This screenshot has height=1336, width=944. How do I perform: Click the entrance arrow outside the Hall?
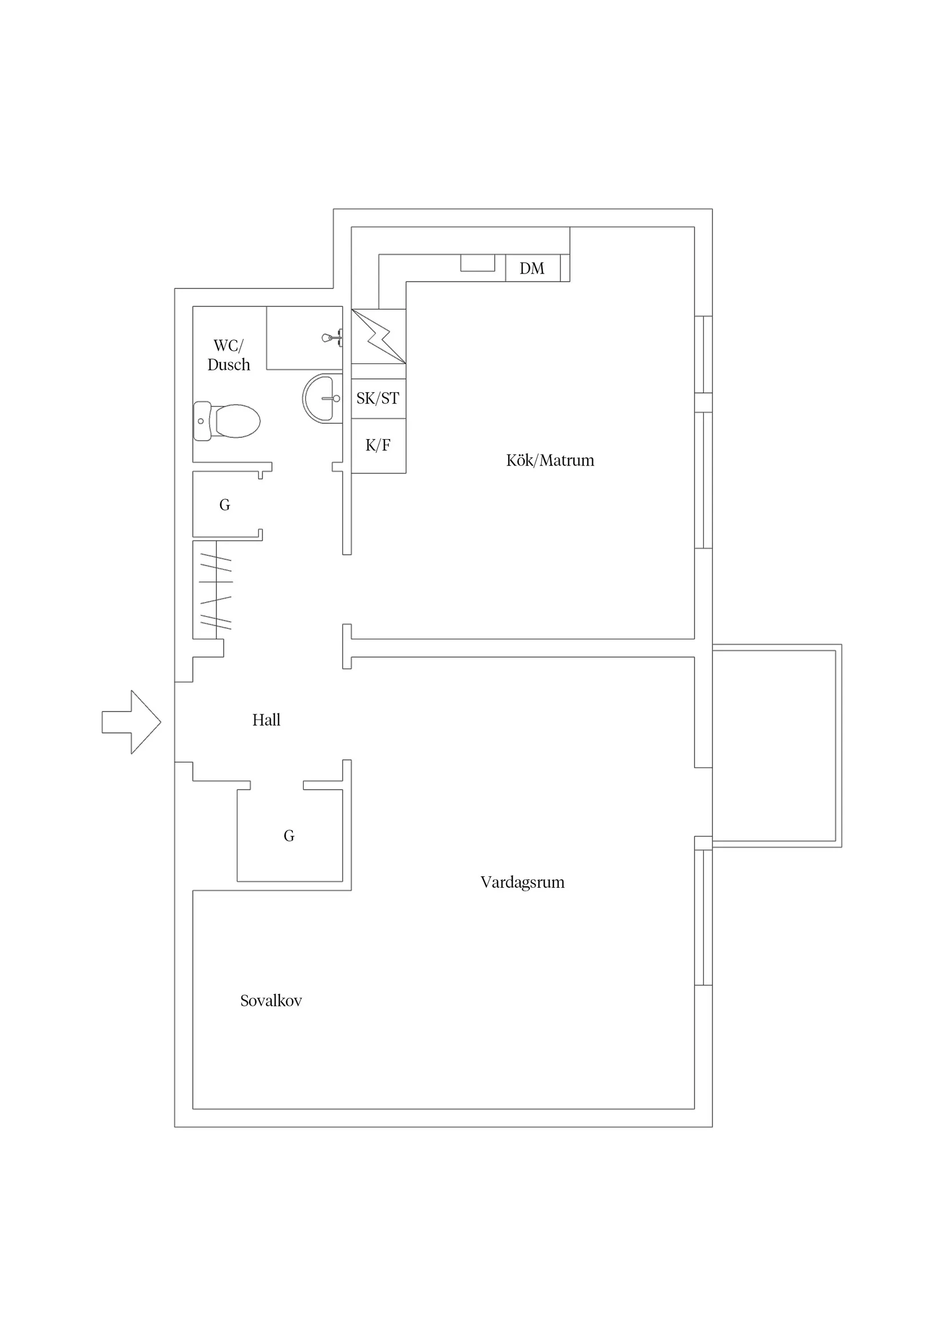pos(132,722)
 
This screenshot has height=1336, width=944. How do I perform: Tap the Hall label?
pos(267,720)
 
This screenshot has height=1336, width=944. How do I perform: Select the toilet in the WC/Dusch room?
pos(227,421)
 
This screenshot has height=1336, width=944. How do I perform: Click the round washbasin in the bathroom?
pos(322,398)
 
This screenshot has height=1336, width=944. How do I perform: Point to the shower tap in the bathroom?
pos(332,338)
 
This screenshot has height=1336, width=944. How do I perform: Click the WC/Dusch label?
pos(229,355)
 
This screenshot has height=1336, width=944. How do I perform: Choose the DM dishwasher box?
pos(533,268)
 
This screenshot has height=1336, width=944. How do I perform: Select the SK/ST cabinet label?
pos(378,398)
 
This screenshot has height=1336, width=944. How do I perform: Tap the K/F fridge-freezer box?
pos(379,446)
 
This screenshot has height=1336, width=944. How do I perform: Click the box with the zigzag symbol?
pos(379,337)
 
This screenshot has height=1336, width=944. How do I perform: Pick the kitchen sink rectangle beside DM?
pos(478,262)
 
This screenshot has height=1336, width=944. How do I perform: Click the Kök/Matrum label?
pos(550,460)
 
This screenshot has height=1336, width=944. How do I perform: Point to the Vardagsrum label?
pos(522,883)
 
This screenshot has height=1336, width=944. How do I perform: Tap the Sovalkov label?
pos(271,1001)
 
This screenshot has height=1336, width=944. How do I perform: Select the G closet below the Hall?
pos(289,836)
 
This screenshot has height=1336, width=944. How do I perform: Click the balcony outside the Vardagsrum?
pos(777,746)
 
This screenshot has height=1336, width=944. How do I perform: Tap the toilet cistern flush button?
pos(201,421)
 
